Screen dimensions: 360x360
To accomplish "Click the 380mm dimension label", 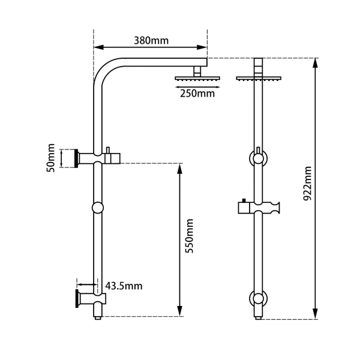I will coord(151,41).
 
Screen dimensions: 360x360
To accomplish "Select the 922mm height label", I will coord(308,183).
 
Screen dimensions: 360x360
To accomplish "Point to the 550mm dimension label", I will coord(190,236).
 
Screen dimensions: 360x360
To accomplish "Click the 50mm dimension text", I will coord(52,158).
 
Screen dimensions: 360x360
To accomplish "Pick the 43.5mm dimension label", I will coord(124,286).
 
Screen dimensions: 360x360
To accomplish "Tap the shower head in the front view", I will coord(259,78).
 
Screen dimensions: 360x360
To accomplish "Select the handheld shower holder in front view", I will coord(259,208).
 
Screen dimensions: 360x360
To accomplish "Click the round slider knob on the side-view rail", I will coord(98,208).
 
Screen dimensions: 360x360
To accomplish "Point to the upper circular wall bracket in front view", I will coord(259,158).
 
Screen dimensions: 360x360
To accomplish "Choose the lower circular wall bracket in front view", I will coord(259,298).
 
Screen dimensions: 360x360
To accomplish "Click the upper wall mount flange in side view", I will coord(76,158).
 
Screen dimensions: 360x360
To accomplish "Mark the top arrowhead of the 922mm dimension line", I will coord(315,62).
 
